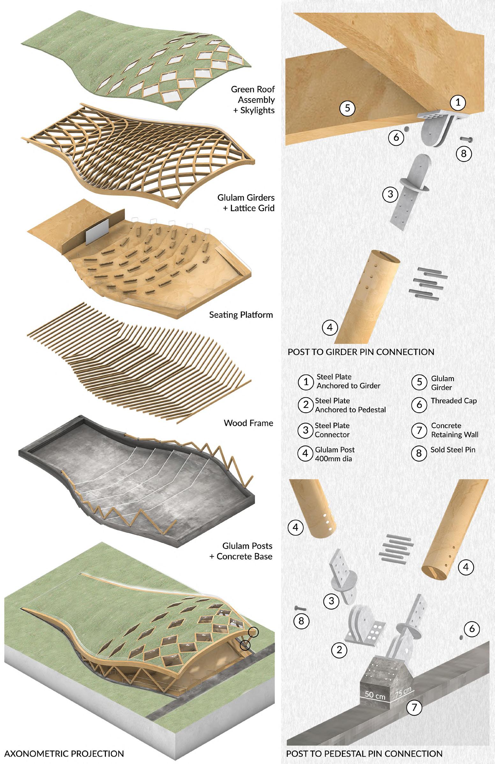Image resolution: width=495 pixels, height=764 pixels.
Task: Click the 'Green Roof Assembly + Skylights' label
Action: pyautogui.click(x=253, y=99)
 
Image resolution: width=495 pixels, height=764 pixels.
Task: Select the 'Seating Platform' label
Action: pyautogui.click(x=241, y=314)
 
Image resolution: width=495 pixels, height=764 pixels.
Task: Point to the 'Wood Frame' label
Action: pyautogui.click(x=248, y=423)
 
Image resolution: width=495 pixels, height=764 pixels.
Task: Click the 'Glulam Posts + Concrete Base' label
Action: pyautogui.click(x=241, y=551)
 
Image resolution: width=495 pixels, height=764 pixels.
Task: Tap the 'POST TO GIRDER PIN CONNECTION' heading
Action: pyautogui.click(x=361, y=352)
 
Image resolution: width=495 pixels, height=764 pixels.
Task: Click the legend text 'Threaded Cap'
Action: pyautogui.click(x=454, y=400)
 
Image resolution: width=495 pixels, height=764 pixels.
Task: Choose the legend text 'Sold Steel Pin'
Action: pyautogui.click(x=453, y=450)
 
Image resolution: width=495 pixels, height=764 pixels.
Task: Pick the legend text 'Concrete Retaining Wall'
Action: pyautogui.click(x=454, y=430)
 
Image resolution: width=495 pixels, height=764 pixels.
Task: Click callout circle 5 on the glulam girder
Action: pyautogui.click(x=347, y=108)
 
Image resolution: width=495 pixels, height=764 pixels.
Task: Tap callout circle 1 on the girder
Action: pyautogui.click(x=458, y=102)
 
